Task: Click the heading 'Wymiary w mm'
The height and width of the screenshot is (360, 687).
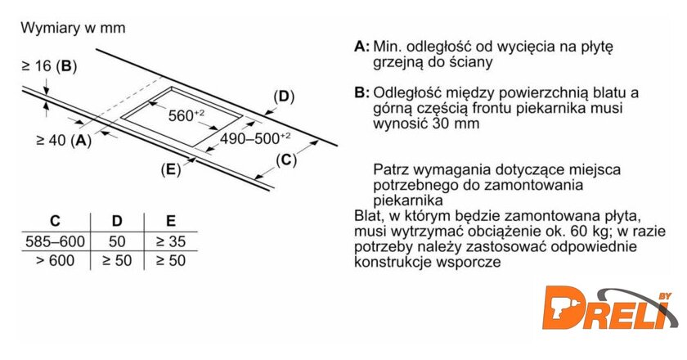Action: coord(73,28)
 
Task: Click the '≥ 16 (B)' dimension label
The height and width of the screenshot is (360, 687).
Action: coord(49,66)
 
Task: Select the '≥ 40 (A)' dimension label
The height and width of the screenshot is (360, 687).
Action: coord(64,140)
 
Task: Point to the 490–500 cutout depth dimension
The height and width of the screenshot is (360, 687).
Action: coord(255,139)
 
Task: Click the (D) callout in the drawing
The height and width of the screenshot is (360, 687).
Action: coord(284,97)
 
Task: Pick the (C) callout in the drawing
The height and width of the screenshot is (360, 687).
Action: coord(286,160)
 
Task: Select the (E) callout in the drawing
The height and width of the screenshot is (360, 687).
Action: coord(171,169)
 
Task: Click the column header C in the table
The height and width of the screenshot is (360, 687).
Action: coord(56,221)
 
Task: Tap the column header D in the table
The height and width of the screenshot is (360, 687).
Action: coord(116,221)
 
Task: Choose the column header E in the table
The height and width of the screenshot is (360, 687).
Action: coord(171,221)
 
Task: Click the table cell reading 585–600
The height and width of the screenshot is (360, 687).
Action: coord(56,241)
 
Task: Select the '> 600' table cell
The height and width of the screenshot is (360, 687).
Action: coord(56,261)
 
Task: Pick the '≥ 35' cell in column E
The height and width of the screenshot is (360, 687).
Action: coord(171,241)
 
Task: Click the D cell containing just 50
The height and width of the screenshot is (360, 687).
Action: coord(117,241)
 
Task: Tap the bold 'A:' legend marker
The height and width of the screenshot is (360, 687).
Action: coord(361,47)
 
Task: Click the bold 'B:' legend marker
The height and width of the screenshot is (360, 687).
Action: coord(361,93)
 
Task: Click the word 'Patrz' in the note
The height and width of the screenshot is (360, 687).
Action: coord(391,169)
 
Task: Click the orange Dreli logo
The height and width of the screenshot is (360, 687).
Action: coord(609,309)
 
